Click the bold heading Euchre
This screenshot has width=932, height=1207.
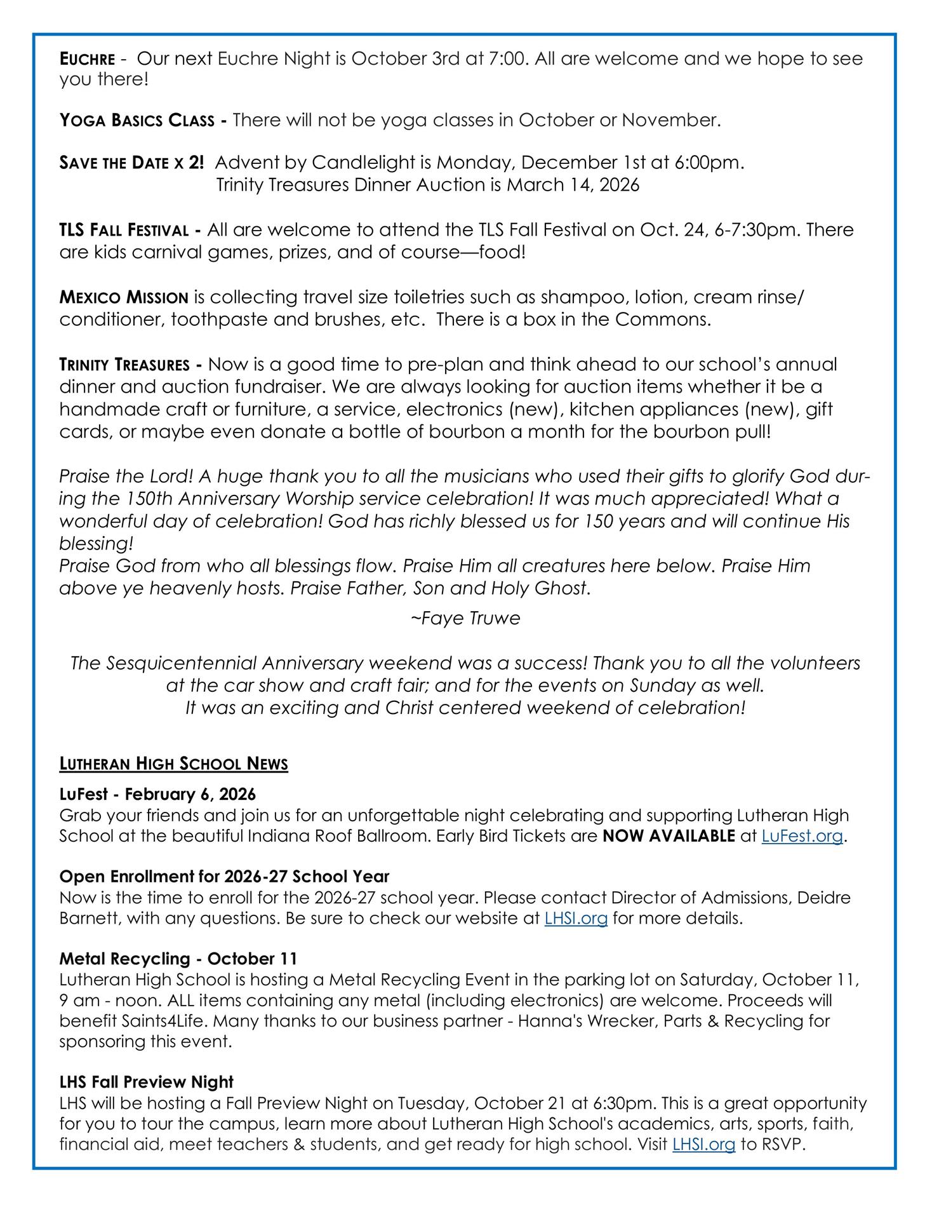87,60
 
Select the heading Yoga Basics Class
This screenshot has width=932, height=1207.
136,120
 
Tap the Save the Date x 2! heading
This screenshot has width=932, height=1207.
131,163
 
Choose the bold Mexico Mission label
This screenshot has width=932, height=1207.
124,297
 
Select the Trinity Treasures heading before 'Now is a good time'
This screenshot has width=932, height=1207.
124,365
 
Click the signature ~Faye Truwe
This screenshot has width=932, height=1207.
465,618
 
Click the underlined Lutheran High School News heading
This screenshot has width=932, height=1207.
173,764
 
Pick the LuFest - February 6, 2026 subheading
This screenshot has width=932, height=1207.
157,794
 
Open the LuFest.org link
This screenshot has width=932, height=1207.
802,836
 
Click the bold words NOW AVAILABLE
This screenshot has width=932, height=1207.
669,836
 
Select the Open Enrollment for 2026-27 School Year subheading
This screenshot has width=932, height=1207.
224,877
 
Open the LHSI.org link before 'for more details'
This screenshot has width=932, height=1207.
576,919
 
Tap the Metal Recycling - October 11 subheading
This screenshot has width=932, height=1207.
178,959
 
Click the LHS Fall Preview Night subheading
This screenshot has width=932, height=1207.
147,1082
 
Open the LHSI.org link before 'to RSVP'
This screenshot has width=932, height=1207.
703,1145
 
